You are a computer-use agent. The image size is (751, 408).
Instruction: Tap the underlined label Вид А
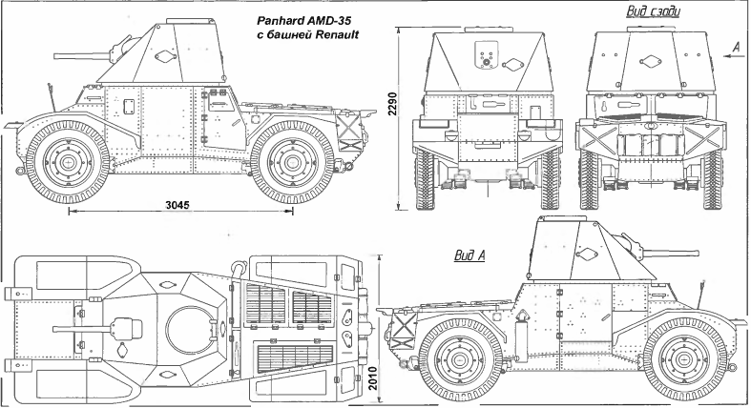pyautogui.click(x=469, y=255)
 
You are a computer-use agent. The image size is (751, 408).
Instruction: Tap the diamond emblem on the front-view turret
pyautogui.click(x=514, y=65)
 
